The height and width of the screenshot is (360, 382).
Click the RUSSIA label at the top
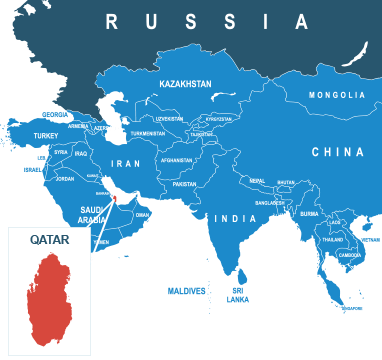pyautogui.click(x=207, y=21)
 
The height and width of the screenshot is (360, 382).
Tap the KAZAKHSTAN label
pyautogui.click(x=186, y=85)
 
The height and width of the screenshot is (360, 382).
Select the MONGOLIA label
pyautogui.click(x=337, y=95)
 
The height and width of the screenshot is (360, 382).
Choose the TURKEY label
pyautogui.click(x=46, y=135)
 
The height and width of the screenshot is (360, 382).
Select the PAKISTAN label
pyautogui.click(x=184, y=184)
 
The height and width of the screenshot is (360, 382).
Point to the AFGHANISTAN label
pyautogui.click(x=176, y=160)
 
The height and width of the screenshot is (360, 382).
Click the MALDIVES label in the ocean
pyautogui.click(x=186, y=290)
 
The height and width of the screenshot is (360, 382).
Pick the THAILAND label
pyautogui.click(x=334, y=240)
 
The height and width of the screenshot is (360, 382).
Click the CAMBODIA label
pyautogui.click(x=350, y=255)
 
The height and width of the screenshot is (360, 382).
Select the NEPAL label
pyautogui.click(x=257, y=181)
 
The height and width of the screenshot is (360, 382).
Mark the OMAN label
pyautogui.click(x=142, y=214)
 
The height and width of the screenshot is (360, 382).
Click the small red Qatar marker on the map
pyautogui.click(x=114, y=198)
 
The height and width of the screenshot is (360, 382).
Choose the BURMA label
pyautogui.click(x=309, y=213)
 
